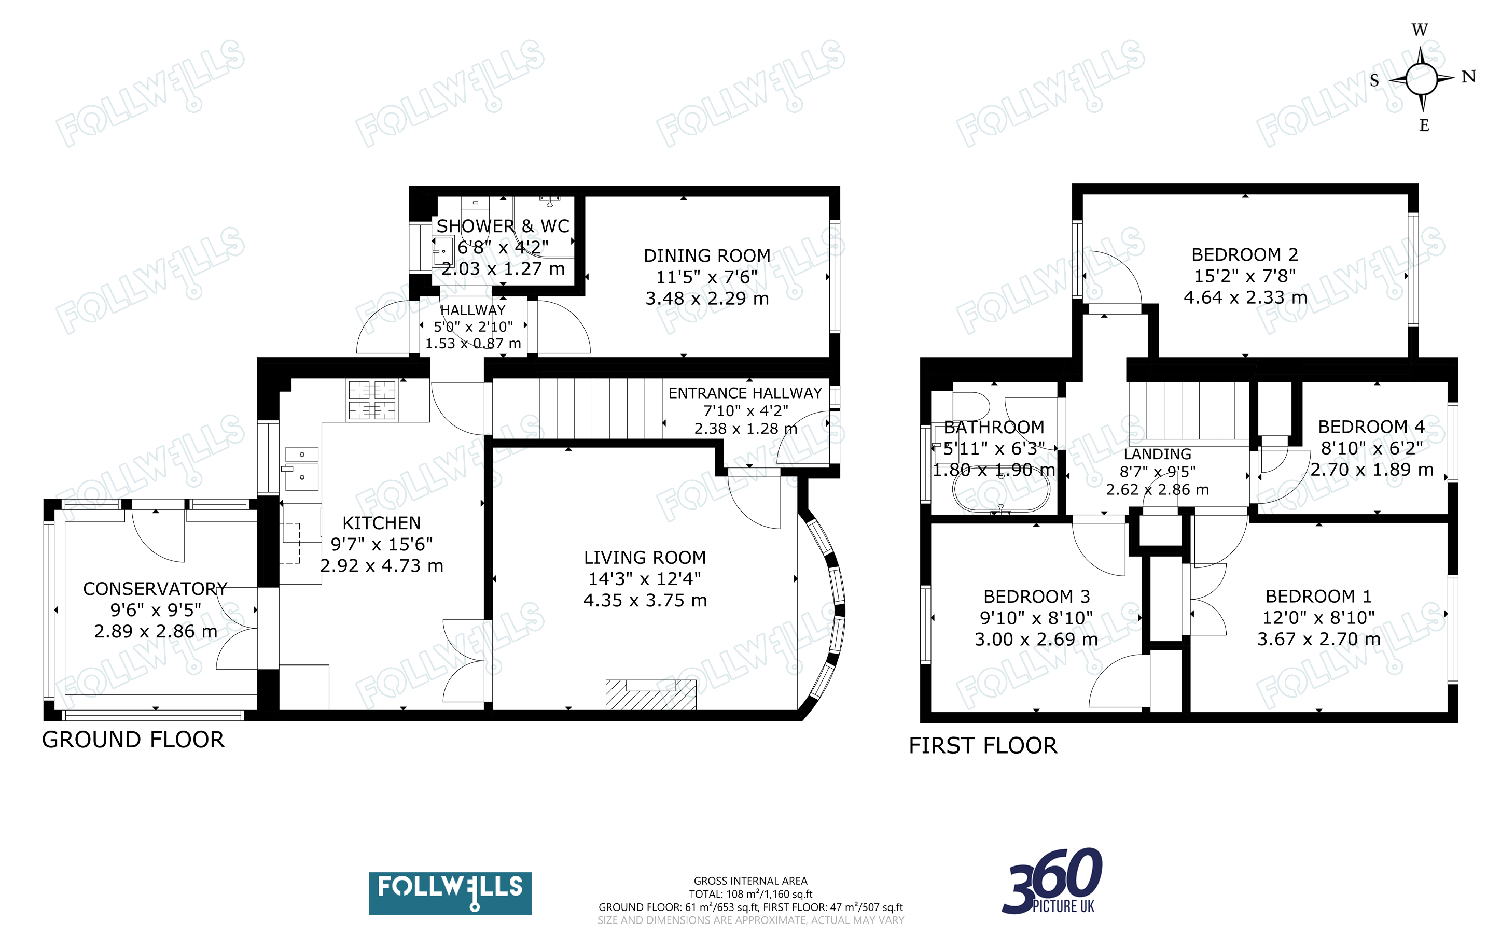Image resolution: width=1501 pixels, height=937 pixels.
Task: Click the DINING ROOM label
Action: tap(707, 255)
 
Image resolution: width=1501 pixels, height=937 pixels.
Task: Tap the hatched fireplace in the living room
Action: tap(651, 694)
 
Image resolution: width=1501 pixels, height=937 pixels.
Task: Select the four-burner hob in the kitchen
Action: tap(372, 400)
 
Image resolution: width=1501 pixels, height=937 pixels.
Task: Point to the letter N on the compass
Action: tap(1469, 76)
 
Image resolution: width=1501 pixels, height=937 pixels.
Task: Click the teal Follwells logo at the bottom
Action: tap(450, 893)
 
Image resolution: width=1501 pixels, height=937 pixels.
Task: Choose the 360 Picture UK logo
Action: tap(1052, 881)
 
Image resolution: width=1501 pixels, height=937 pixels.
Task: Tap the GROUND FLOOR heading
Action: tap(133, 740)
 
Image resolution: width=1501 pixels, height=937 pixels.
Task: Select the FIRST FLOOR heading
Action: tap(983, 746)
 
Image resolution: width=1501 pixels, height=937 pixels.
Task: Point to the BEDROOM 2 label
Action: tap(1244, 254)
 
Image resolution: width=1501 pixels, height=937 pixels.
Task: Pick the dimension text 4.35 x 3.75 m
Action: tap(645, 600)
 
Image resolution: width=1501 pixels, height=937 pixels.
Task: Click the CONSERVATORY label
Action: tap(155, 589)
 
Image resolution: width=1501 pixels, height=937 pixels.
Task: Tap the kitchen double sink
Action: tap(302, 469)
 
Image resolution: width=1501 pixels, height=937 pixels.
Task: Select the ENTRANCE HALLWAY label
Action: tap(745, 393)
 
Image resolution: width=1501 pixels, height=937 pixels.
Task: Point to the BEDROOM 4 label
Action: tap(1371, 427)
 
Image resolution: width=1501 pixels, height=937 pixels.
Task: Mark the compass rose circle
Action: tap(1421, 79)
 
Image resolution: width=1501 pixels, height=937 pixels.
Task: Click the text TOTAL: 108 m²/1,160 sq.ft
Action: tap(750, 894)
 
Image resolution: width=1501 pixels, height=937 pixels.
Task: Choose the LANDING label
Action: tap(1158, 454)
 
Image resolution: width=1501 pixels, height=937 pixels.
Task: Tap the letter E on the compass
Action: tap(1424, 125)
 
